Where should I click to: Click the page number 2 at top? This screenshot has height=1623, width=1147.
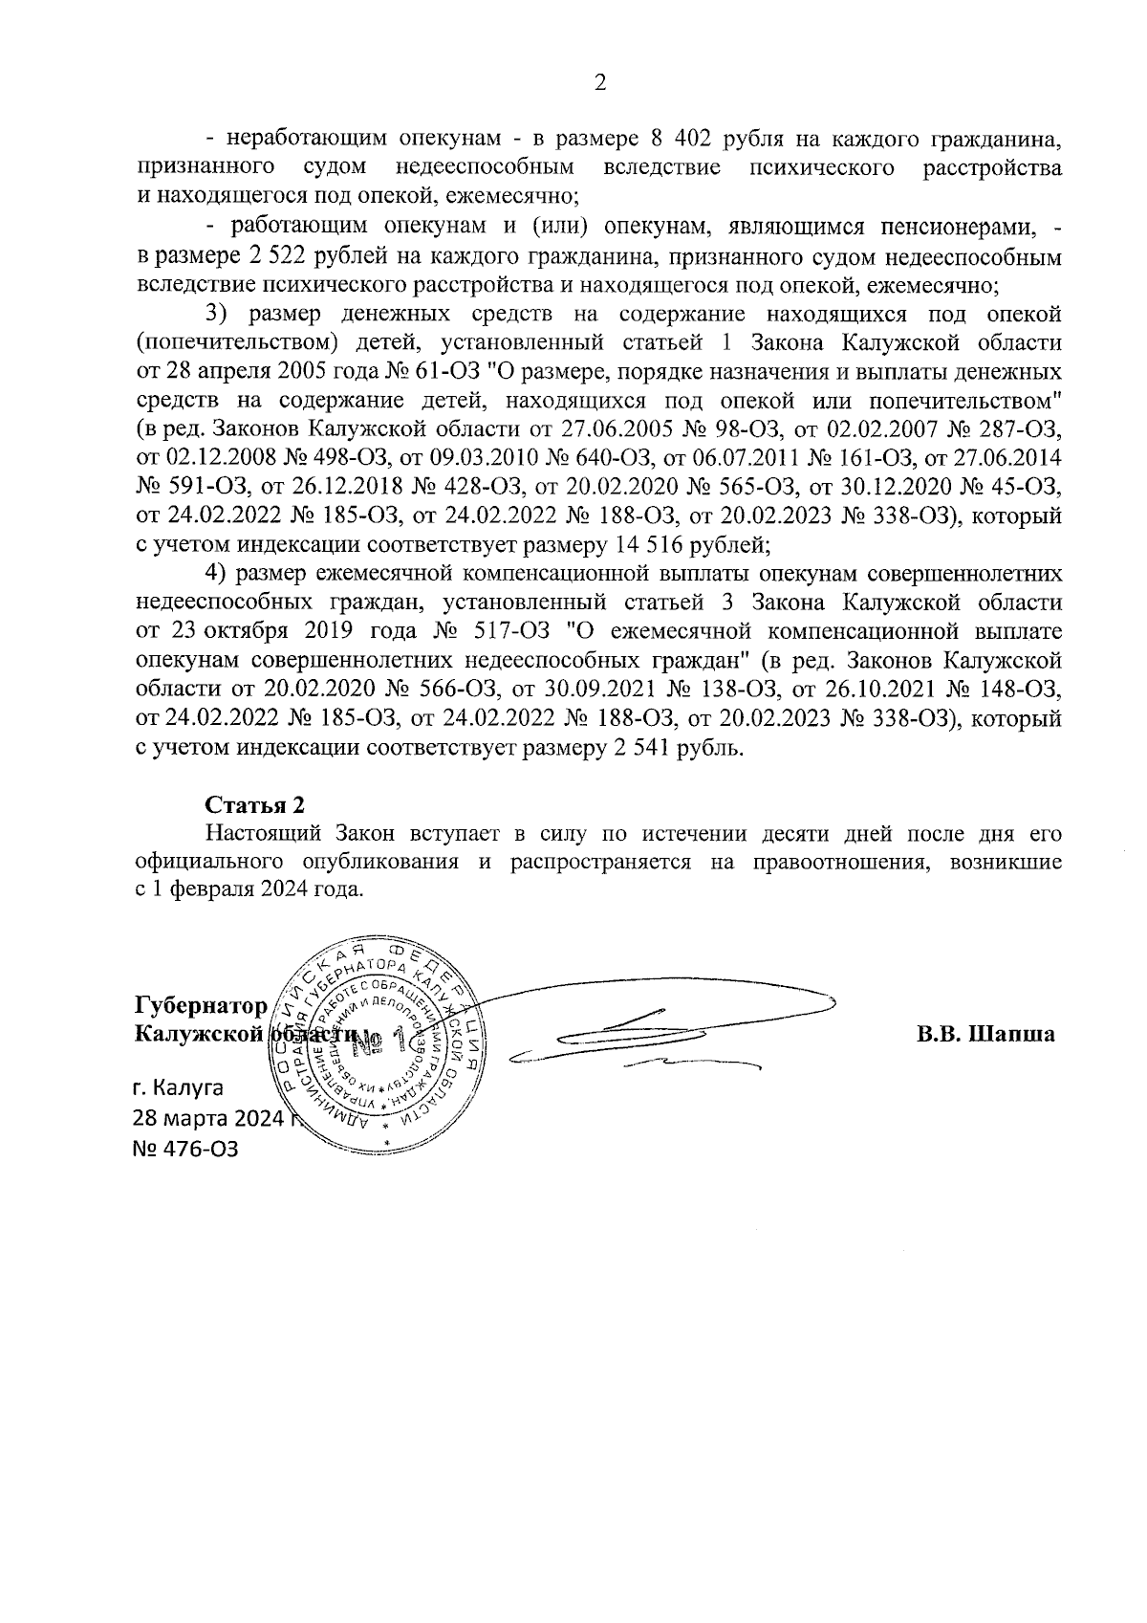click(599, 83)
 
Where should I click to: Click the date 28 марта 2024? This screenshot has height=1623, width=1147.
click(208, 1118)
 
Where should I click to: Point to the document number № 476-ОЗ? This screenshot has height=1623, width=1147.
click(185, 1149)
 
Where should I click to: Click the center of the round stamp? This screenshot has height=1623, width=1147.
click(382, 1042)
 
